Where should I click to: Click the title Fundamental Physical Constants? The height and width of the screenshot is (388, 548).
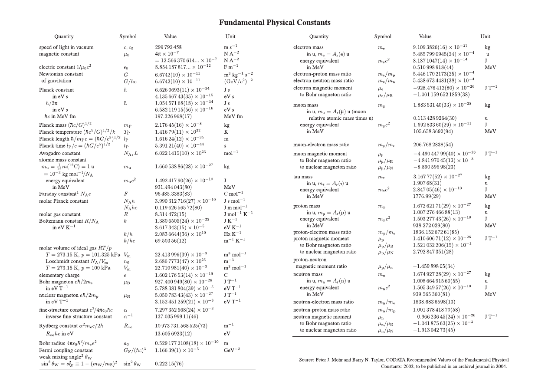274,23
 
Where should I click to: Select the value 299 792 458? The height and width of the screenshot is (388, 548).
168,47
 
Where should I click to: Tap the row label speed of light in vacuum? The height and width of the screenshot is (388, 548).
66,47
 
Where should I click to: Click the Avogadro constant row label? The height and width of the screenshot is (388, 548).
59,153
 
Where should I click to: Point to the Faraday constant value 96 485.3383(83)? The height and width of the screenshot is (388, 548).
173,194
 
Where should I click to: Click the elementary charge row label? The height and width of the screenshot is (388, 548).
59,275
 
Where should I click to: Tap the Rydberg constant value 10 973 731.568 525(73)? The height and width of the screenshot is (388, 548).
181,326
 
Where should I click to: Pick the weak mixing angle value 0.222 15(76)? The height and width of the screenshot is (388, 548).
169,364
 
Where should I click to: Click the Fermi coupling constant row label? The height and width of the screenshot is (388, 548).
66,350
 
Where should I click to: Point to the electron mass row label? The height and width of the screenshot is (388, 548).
308,47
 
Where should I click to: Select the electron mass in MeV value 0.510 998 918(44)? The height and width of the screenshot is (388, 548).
433,67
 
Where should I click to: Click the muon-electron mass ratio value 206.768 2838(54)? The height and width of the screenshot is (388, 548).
433,145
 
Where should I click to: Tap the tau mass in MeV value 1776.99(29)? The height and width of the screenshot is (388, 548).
427,196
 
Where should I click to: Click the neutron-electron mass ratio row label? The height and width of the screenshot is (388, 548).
323,302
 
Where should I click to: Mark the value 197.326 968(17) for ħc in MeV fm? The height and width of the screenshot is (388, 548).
173,116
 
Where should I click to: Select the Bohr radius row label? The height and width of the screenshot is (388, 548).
68,343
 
